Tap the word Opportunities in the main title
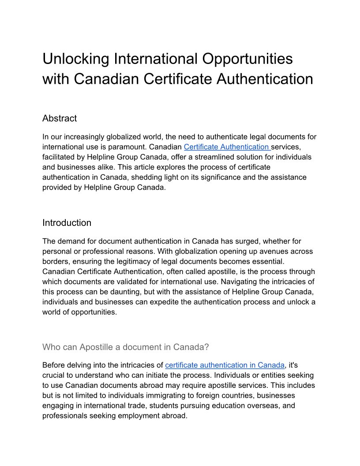click(247, 59)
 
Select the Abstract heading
click(60, 118)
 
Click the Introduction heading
click(67, 223)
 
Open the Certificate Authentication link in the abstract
click(227, 147)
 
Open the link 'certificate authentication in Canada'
click(225, 365)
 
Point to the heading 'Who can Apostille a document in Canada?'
click(126, 347)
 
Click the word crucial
click(54, 375)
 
